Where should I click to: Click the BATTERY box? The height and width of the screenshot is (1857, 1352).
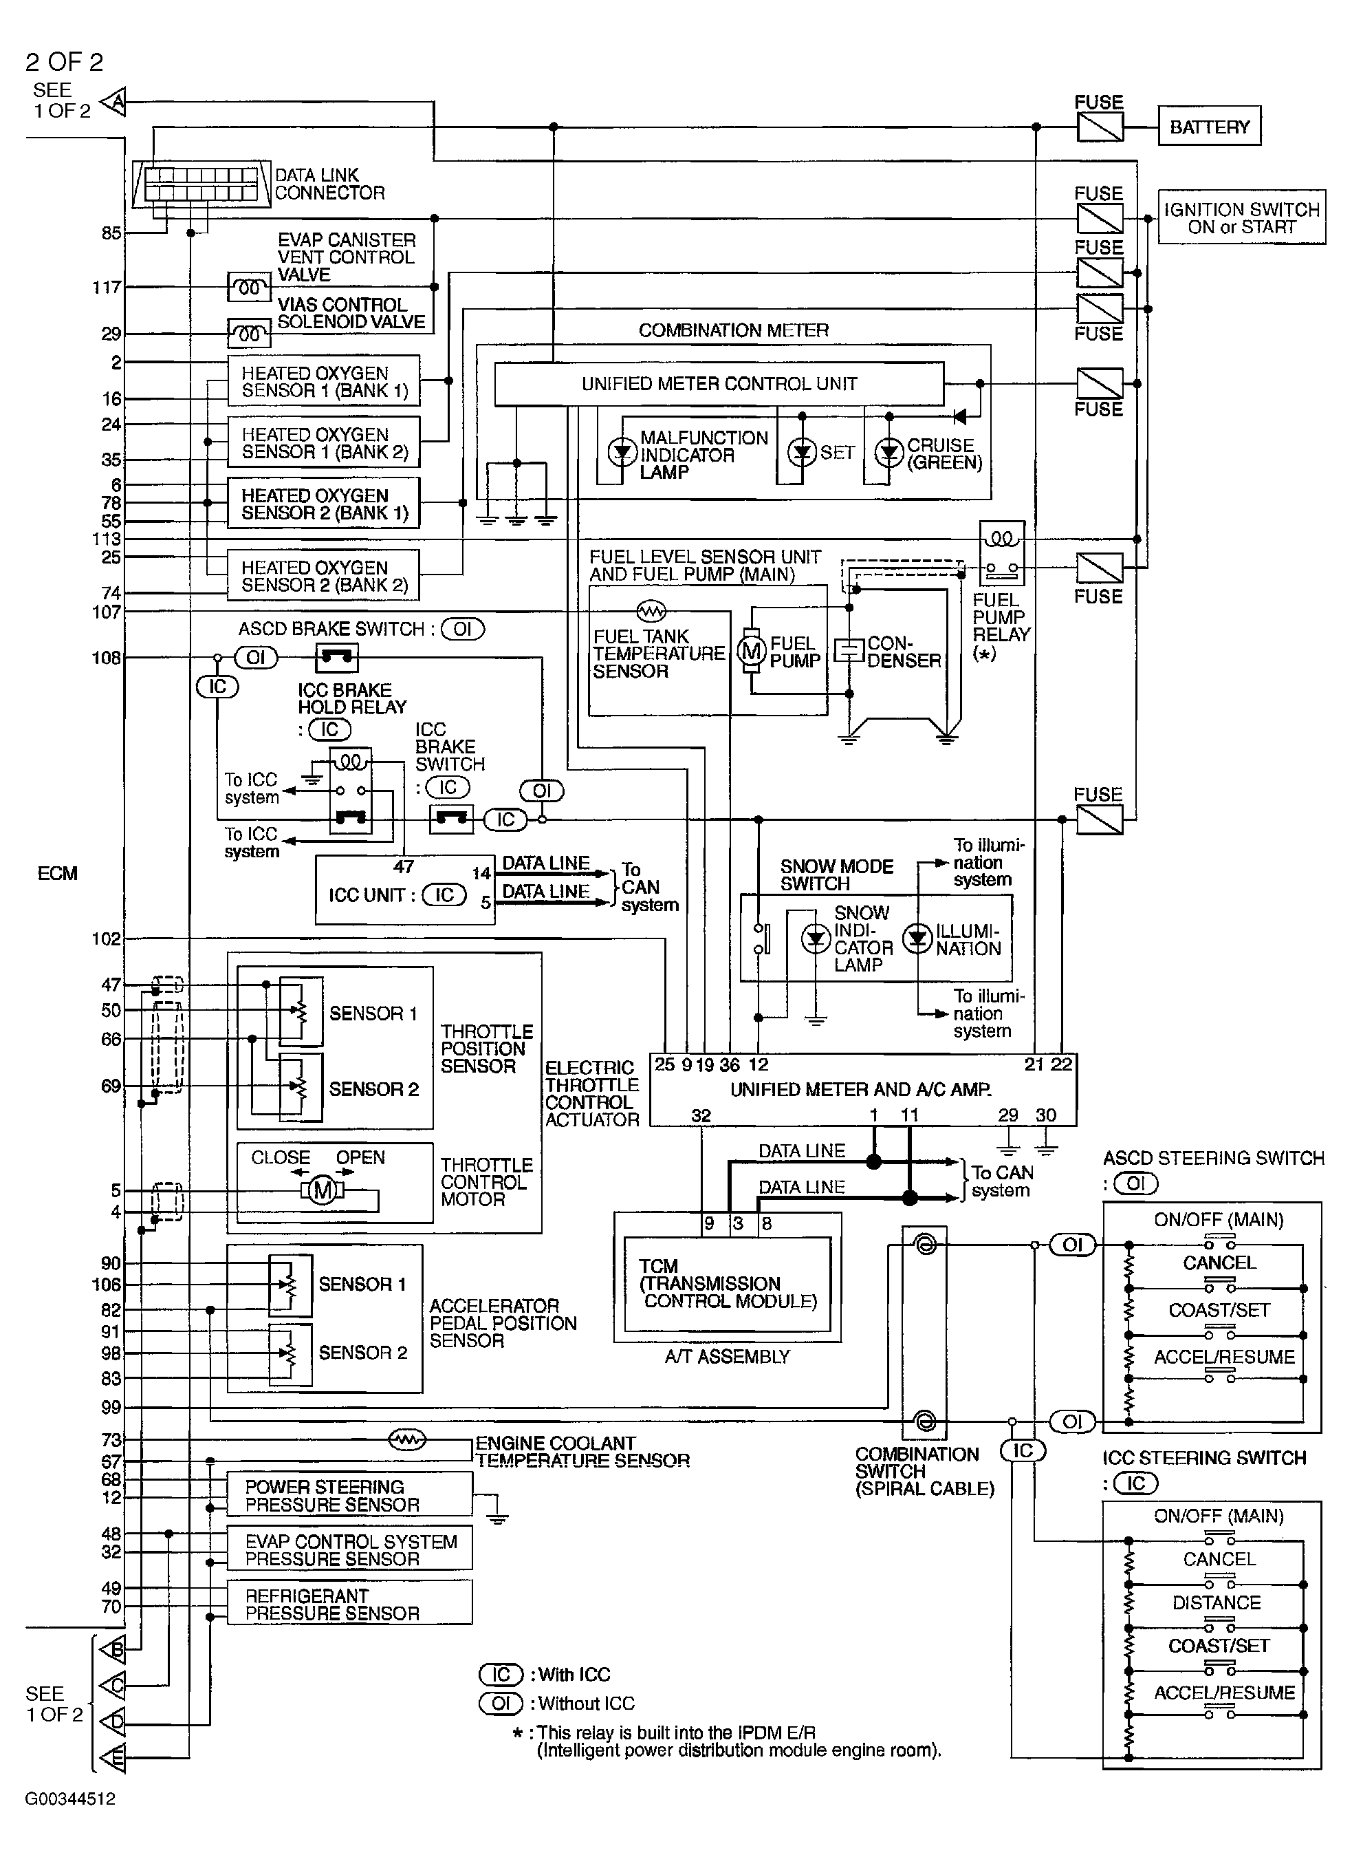click(x=1209, y=127)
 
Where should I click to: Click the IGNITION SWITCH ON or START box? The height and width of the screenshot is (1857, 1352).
click(x=1241, y=218)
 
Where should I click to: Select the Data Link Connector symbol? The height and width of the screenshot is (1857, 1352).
click(x=201, y=184)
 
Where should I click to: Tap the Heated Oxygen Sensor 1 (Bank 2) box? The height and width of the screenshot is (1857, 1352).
click(x=323, y=443)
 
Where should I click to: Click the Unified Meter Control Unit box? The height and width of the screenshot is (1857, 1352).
click(x=719, y=384)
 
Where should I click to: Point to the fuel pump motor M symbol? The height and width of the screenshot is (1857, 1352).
click(x=750, y=651)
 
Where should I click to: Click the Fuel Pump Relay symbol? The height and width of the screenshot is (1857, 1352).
click(x=1002, y=552)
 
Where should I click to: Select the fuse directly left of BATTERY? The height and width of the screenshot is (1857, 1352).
click(x=1099, y=127)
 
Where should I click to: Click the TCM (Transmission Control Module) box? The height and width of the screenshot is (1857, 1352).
click(x=727, y=1284)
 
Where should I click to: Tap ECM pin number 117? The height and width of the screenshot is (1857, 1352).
click(x=107, y=288)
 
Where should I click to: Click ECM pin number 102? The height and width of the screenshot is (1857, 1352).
click(x=107, y=939)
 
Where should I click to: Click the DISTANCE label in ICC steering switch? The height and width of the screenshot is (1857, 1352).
click(x=1216, y=1602)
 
